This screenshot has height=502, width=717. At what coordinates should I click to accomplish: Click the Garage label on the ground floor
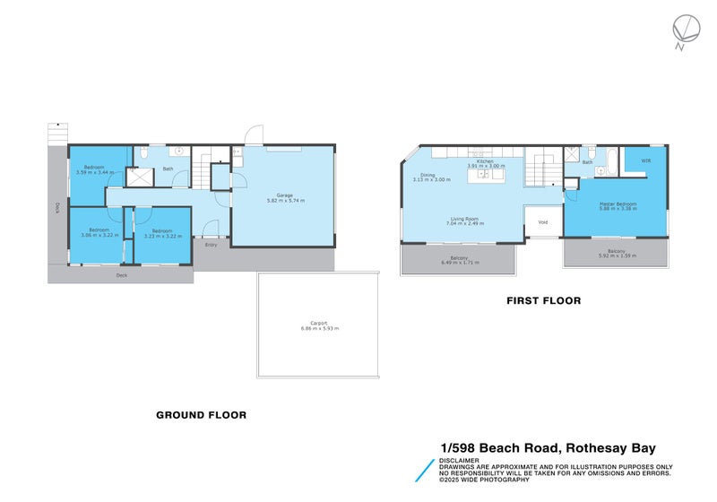(x=285, y=195)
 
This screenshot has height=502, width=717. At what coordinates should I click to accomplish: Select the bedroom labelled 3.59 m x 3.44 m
(x=94, y=171)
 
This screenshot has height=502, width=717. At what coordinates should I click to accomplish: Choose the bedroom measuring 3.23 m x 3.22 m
(x=162, y=235)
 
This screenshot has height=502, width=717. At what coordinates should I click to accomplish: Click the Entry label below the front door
(x=212, y=244)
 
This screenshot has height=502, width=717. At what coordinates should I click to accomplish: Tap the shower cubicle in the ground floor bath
(x=139, y=177)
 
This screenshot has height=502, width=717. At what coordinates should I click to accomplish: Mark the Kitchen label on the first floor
(x=485, y=161)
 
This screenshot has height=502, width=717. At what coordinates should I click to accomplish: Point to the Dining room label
(x=428, y=175)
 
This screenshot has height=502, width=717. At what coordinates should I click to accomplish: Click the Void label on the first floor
(x=542, y=221)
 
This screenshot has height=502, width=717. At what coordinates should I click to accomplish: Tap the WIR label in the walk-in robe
(x=645, y=162)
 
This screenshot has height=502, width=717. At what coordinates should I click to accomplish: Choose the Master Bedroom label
(x=618, y=203)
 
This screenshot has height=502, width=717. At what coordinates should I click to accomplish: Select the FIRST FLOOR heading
(x=542, y=301)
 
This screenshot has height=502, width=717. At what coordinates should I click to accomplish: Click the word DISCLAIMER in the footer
(x=459, y=460)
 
